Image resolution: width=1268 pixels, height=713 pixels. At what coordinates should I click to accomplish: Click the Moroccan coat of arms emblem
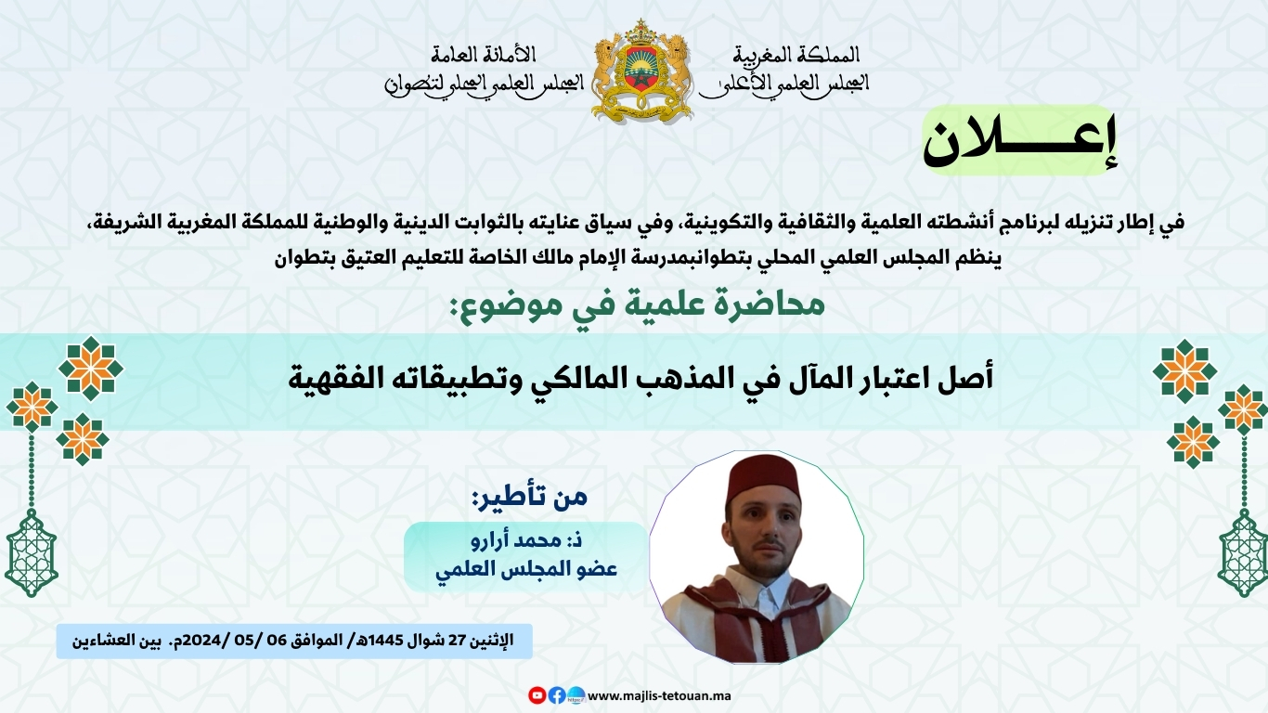[x=641, y=71]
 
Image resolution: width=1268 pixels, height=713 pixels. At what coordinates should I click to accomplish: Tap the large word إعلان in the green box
[x=1019, y=141]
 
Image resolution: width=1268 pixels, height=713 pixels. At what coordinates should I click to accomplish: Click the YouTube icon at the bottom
[x=537, y=694]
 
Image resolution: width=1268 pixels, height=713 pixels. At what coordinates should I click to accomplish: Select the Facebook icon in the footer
[x=556, y=694]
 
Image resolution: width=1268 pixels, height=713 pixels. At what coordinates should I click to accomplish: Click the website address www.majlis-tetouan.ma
[x=659, y=695]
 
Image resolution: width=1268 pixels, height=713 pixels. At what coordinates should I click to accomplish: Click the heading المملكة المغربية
[x=796, y=55]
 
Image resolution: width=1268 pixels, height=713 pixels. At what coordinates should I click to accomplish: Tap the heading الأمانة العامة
[x=483, y=55]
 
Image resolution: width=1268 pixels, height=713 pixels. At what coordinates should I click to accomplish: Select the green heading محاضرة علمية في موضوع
[x=637, y=305]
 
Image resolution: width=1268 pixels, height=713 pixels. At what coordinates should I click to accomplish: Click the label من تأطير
[x=530, y=497]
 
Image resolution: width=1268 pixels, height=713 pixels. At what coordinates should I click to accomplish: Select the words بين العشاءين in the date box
[x=116, y=641]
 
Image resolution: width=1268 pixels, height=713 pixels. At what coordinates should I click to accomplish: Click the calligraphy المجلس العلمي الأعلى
[x=783, y=84]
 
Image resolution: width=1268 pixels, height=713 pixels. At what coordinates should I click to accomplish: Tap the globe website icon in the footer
[x=576, y=694]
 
